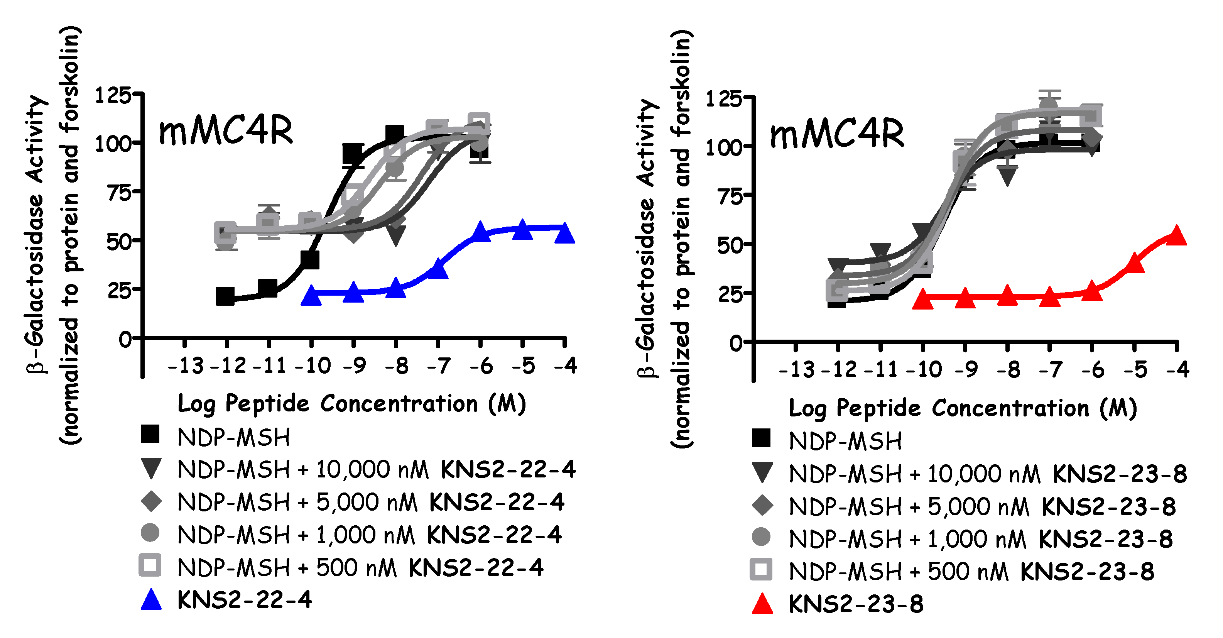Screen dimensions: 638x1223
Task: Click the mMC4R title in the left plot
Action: click(x=226, y=132)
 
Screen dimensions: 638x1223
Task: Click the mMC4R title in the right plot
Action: click(x=836, y=135)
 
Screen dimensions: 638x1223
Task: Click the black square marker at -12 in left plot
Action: click(x=225, y=296)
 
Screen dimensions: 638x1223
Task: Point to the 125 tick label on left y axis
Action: click(x=113, y=95)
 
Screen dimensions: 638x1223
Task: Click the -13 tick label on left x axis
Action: click(x=186, y=366)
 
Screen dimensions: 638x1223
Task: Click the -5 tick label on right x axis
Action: click(x=1135, y=370)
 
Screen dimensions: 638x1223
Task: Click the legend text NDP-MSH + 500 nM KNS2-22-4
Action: click(x=360, y=568)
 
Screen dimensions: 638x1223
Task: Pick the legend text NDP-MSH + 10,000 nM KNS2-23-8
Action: click(x=988, y=474)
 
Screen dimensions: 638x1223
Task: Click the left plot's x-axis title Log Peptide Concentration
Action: click(x=351, y=404)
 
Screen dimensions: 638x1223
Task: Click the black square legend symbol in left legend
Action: click(x=150, y=435)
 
